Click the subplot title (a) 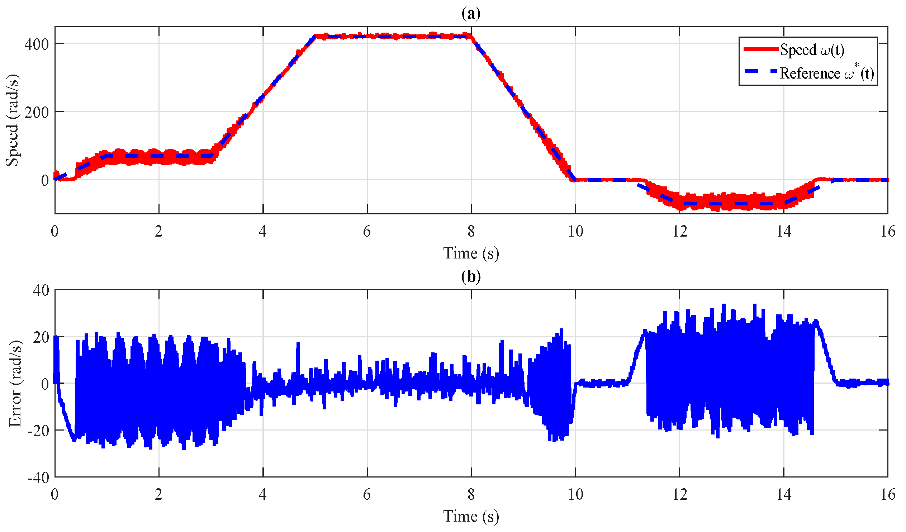(471, 14)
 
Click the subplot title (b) (471, 276)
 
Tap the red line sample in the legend (760, 49)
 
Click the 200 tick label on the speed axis (36, 113)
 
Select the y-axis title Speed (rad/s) (12, 120)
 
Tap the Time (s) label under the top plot (471, 253)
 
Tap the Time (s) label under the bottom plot (471, 517)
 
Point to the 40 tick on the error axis (41, 290)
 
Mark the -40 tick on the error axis (38, 478)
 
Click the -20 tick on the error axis (38, 431)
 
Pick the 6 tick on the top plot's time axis (367, 232)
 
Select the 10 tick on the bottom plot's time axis (575, 495)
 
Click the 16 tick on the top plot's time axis (887, 232)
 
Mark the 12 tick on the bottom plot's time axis (679, 495)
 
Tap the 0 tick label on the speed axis (44, 180)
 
